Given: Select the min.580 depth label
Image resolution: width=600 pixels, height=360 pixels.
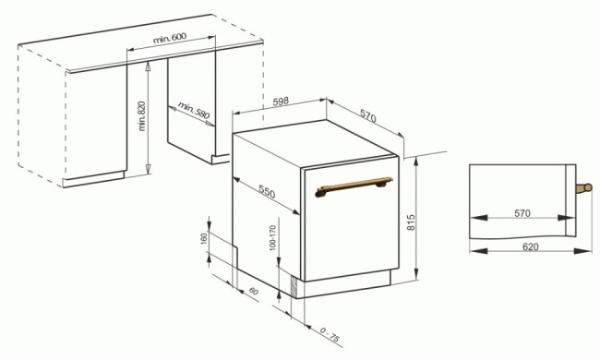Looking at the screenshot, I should [x=194, y=114].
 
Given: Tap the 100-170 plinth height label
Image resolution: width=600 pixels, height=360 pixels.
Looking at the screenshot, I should [x=272, y=238].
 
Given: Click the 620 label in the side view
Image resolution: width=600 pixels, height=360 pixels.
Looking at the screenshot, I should [x=530, y=247].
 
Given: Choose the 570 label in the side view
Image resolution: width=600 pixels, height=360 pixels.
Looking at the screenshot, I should [x=522, y=214].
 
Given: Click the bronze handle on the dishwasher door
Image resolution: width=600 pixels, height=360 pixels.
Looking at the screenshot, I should [x=354, y=187].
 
